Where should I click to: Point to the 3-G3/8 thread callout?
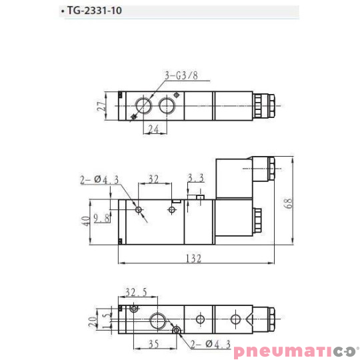pos(181,75)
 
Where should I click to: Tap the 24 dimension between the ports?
pos(153,130)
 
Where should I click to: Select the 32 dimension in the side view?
pos(153,179)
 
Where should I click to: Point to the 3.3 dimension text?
pos(195,178)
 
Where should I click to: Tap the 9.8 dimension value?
pos(102,218)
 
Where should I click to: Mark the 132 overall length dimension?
pos(193,259)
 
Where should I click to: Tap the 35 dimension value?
pos(153,345)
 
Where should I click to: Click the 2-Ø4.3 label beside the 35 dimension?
pos(211,344)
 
